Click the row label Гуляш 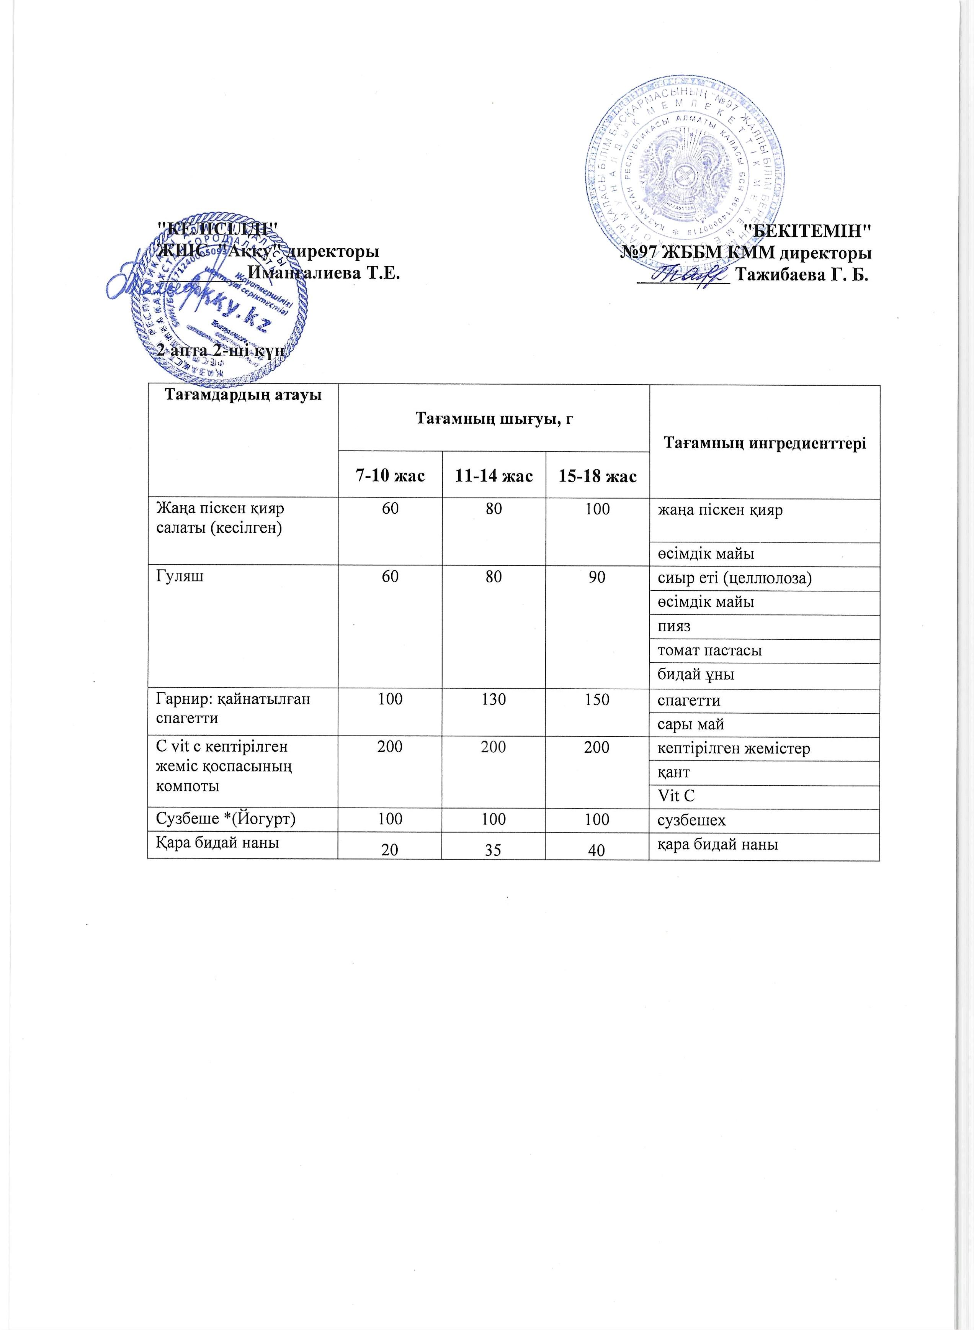[x=180, y=577]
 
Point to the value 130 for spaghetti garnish [x=494, y=699]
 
